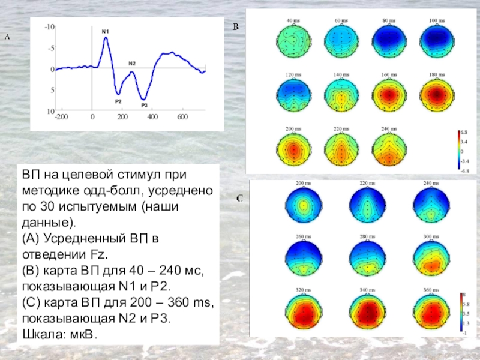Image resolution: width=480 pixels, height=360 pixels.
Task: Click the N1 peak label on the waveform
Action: click(x=106, y=31)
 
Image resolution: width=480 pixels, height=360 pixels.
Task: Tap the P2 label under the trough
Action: click(x=118, y=101)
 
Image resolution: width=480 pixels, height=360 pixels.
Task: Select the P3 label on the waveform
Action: click(x=144, y=106)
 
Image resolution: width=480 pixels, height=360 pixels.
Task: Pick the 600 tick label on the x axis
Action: click(x=182, y=117)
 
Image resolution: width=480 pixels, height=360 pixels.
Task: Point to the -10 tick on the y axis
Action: click(x=49, y=27)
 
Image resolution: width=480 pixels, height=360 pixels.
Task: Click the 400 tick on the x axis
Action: click(x=152, y=117)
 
